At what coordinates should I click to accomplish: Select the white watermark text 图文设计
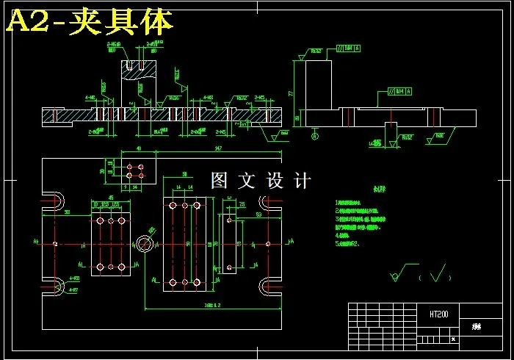click(261, 180)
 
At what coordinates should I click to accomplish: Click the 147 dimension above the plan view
click(219, 149)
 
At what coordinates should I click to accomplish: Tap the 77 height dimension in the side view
click(292, 93)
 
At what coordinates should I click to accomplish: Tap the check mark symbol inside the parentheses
click(439, 276)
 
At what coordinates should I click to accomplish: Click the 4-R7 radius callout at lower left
click(74, 279)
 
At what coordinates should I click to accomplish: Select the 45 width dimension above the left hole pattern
click(111, 198)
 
